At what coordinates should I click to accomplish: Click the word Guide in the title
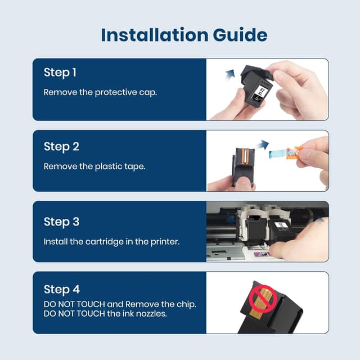[240, 35]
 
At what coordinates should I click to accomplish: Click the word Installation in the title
[154, 35]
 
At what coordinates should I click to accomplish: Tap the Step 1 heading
[60, 73]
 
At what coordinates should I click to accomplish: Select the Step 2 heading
[61, 147]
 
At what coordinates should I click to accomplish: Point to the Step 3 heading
[61, 222]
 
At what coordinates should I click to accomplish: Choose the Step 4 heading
[62, 290]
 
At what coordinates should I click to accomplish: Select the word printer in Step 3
[165, 242]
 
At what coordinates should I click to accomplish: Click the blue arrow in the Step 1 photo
[230, 75]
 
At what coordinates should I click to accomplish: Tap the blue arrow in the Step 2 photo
[262, 145]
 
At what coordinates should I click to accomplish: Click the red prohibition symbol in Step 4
[263, 299]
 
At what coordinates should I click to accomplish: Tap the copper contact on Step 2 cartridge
[245, 157]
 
